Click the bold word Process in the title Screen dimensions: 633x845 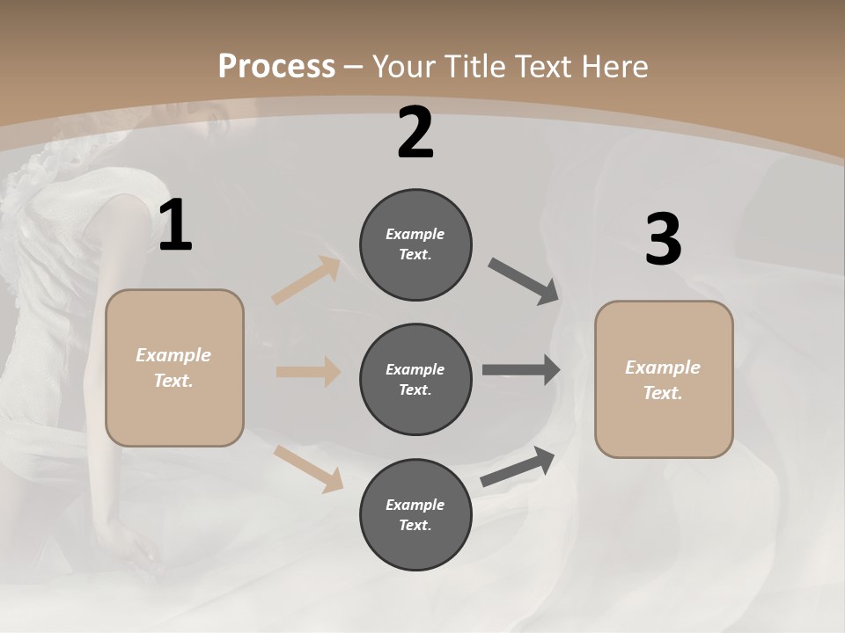276,67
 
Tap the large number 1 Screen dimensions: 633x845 175,226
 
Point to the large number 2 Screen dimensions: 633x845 415,133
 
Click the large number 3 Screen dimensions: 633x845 663,239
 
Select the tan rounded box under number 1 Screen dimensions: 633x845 174,413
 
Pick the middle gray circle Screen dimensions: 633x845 415,406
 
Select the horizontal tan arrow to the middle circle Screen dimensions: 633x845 308,372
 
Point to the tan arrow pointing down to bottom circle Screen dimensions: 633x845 309,469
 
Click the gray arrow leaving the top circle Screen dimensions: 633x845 524,282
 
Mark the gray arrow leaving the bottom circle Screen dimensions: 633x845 518,467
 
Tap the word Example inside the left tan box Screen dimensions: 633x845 173,355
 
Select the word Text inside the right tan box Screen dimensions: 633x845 661,393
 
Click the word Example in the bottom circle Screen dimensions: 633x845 415,505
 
